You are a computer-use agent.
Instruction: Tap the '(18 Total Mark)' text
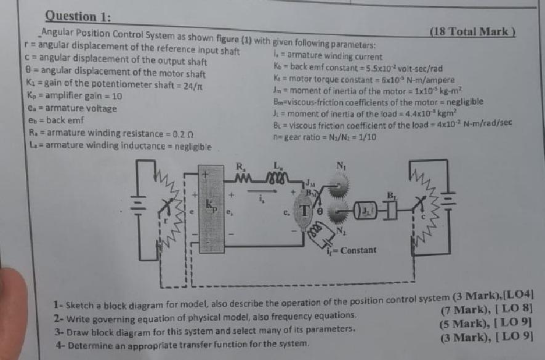pos(472,32)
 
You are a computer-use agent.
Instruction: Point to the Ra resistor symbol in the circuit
pos(242,177)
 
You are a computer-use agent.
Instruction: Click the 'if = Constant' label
pos(350,250)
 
